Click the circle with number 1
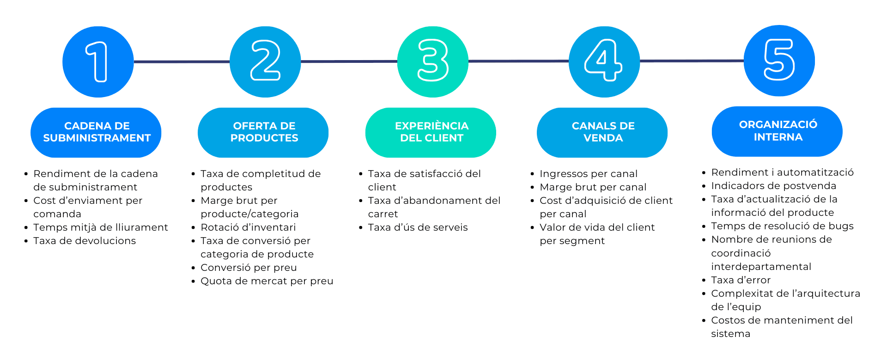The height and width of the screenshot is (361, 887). click(x=98, y=62)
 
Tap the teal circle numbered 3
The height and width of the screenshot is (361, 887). click(x=432, y=62)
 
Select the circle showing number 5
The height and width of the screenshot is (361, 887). click(x=779, y=61)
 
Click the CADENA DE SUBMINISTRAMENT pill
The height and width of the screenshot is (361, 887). click(x=96, y=132)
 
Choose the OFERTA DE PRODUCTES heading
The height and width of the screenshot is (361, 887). click(x=263, y=132)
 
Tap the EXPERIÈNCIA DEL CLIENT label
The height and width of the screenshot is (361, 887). click(x=431, y=132)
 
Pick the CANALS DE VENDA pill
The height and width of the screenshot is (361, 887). click(x=602, y=132)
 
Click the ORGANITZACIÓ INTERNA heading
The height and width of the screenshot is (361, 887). click(x=777, y=131)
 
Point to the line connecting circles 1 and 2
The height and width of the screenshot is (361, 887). click(x=182, y=61)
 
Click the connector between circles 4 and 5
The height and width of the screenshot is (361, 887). click(x=692, y=61)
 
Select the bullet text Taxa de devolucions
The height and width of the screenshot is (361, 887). click(x=85, y=241)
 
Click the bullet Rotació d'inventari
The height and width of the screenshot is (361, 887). click(x=248, y=227)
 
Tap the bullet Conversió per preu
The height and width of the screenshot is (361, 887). click(x=249, y=268)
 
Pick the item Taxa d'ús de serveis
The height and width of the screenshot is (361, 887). click(x=418, y=227)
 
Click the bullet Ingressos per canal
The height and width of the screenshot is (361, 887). click(x=588, y=174)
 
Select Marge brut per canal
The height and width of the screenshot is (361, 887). click(x=593, y=187)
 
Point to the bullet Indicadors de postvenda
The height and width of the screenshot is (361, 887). click(x=773, y=186)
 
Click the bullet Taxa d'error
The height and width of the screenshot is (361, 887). click(x=741, y=280)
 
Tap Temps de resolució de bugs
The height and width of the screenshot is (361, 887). click(x=782, y=226)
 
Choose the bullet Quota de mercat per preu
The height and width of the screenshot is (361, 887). click(x=267, y=281)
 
